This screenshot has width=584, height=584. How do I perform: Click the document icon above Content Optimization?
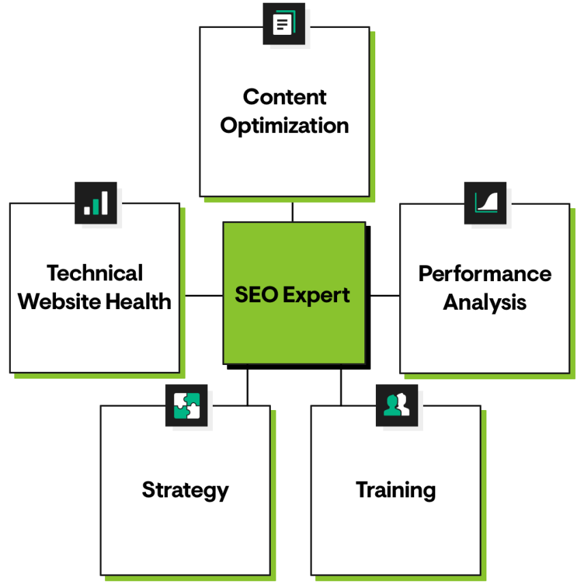284,25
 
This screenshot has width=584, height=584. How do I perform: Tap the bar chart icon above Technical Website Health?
96,203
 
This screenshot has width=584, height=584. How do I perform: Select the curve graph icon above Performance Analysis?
486,203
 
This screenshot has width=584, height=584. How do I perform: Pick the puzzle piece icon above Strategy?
186,405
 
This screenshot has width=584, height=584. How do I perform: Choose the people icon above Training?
396,405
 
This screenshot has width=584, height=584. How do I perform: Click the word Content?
284,97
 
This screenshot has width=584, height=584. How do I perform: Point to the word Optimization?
284,126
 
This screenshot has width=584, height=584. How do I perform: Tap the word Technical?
95,273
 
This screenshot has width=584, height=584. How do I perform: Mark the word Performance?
484,274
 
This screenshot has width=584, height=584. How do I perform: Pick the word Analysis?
484,302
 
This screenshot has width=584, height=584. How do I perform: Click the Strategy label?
185,490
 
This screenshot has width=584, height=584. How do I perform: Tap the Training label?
396,490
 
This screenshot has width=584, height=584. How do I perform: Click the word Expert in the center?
317,295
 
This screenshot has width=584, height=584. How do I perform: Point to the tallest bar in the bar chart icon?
104,202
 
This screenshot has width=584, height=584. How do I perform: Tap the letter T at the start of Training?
362,489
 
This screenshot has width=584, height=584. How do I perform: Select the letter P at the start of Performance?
426,274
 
